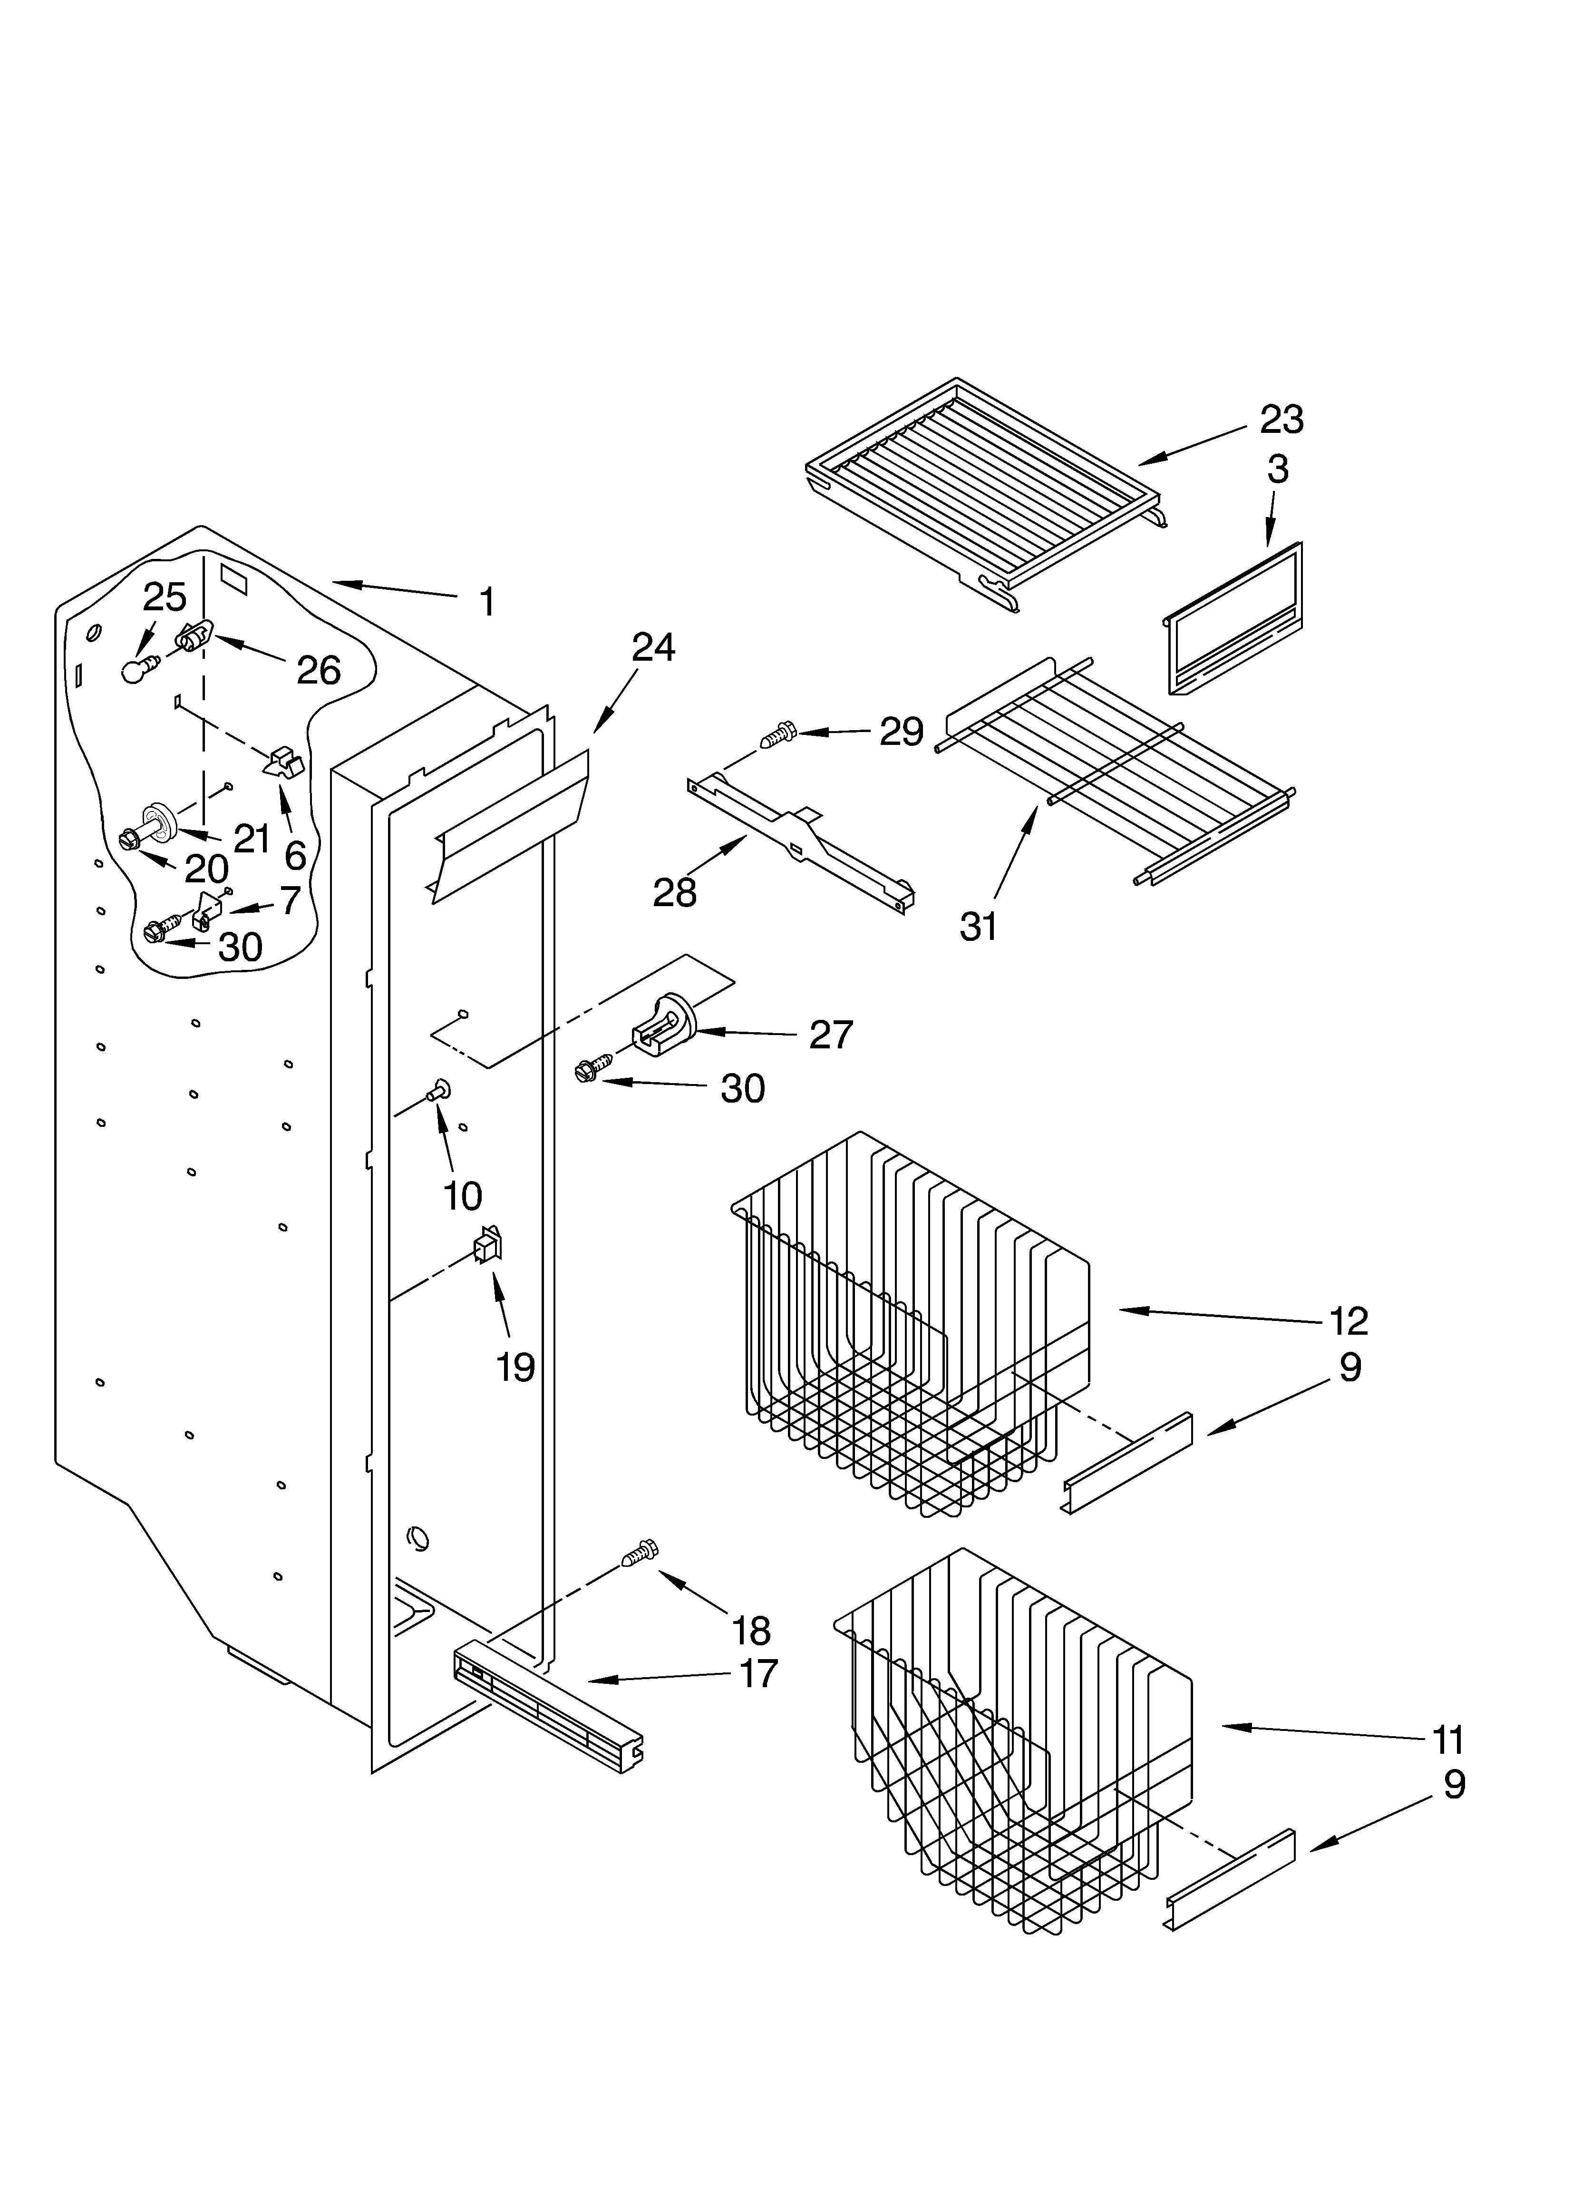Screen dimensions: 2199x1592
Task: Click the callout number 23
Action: (1281, 420)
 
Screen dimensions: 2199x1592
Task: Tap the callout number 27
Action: (831, 1036)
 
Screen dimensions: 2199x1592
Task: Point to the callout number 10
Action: (463, 1196)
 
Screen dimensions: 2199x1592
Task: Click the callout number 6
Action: (295, 855)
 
